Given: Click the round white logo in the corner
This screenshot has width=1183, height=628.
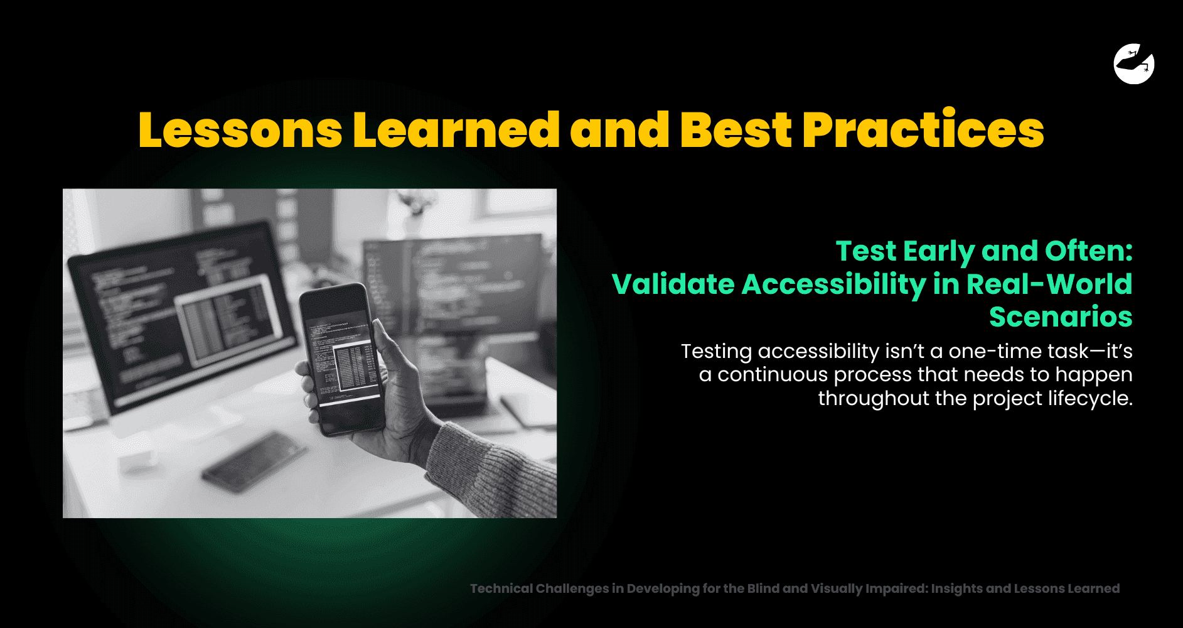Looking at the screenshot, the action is click(x=1134, y=63).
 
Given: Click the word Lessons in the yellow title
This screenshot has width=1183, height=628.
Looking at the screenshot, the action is click(x=240, y=130).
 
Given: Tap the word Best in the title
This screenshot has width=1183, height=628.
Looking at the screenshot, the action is click(x=736, y=130).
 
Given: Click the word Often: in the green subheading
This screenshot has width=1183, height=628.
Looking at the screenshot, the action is click(x=1089, y=251).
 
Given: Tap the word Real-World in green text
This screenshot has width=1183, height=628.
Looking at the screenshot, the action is click(x=1049, y=284).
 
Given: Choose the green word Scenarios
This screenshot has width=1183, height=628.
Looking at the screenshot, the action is click(x=1061, y=317).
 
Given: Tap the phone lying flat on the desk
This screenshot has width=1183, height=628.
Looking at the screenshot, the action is click(x=254, y=462).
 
